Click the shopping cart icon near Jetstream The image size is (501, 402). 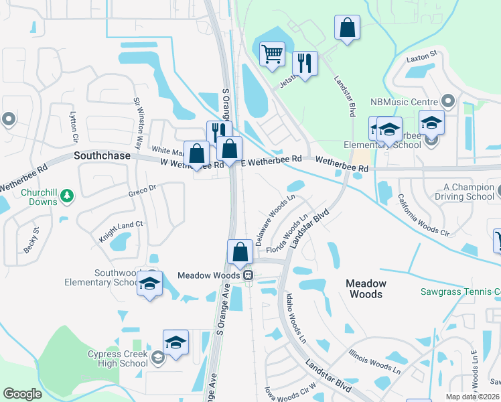click(272, 54)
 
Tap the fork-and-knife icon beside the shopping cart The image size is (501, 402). click(305, 64)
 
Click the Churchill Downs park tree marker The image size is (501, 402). click(66, 195)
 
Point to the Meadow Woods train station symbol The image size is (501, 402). click(248, 275)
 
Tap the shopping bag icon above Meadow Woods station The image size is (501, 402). click(240, 252)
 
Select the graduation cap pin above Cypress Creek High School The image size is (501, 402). click(175, 342)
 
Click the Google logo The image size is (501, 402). click(22, 394)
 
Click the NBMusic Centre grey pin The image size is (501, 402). click(448, 102)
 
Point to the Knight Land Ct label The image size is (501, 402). click(121, 228)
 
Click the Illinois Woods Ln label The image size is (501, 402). click(375, 361)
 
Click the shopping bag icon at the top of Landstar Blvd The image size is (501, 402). click(347, 28)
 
